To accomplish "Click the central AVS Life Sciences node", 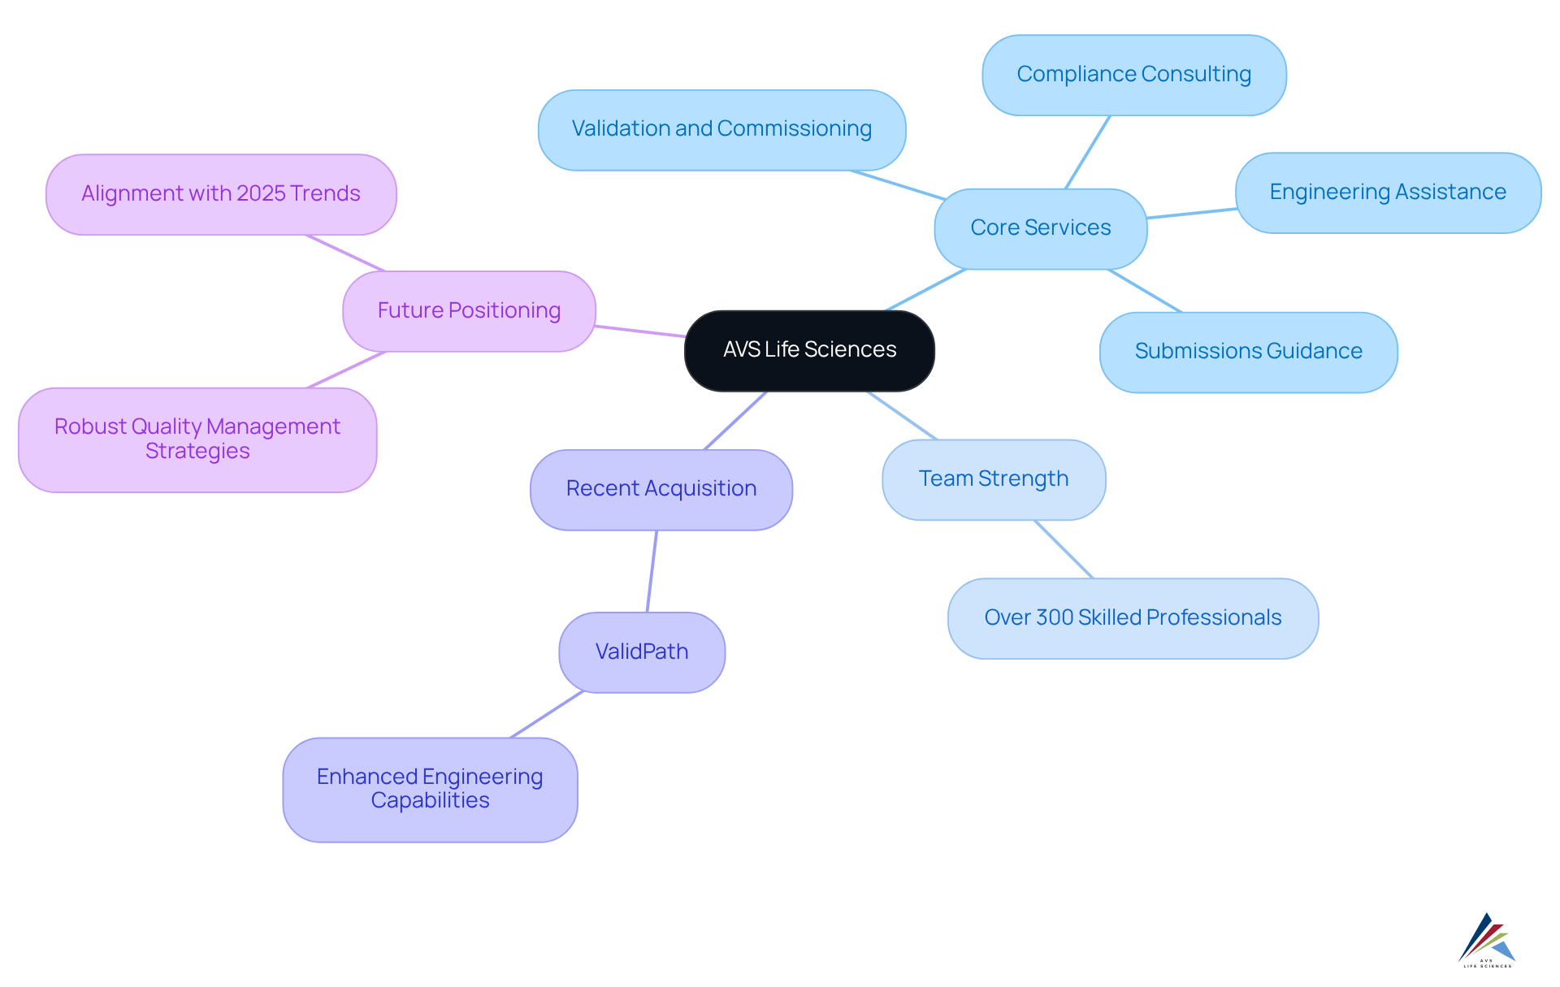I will (809, 350).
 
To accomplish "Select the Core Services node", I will (1040, 228).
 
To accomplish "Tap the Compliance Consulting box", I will (1133, 75).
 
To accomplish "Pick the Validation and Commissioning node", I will (721, 129).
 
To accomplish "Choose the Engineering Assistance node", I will (1387, 193).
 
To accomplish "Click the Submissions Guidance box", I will (1248, 352).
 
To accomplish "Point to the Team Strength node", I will (993, 479).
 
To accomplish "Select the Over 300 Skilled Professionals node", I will (1133, 618).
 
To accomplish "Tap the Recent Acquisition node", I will (661, 489).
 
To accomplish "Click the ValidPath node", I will (641, 652).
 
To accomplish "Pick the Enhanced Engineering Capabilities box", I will (430, 789).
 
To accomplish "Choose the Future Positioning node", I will (469, 311).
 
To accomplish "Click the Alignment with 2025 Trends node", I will (220, 194).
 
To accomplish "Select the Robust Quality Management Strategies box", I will (197, 439).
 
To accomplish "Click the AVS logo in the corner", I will (1486, 941).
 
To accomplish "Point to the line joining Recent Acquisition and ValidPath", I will (652, 571).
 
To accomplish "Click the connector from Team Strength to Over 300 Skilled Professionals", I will (1064, 549).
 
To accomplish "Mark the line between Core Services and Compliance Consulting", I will (1087, 153).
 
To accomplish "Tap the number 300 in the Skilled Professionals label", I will (1055, 618).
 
